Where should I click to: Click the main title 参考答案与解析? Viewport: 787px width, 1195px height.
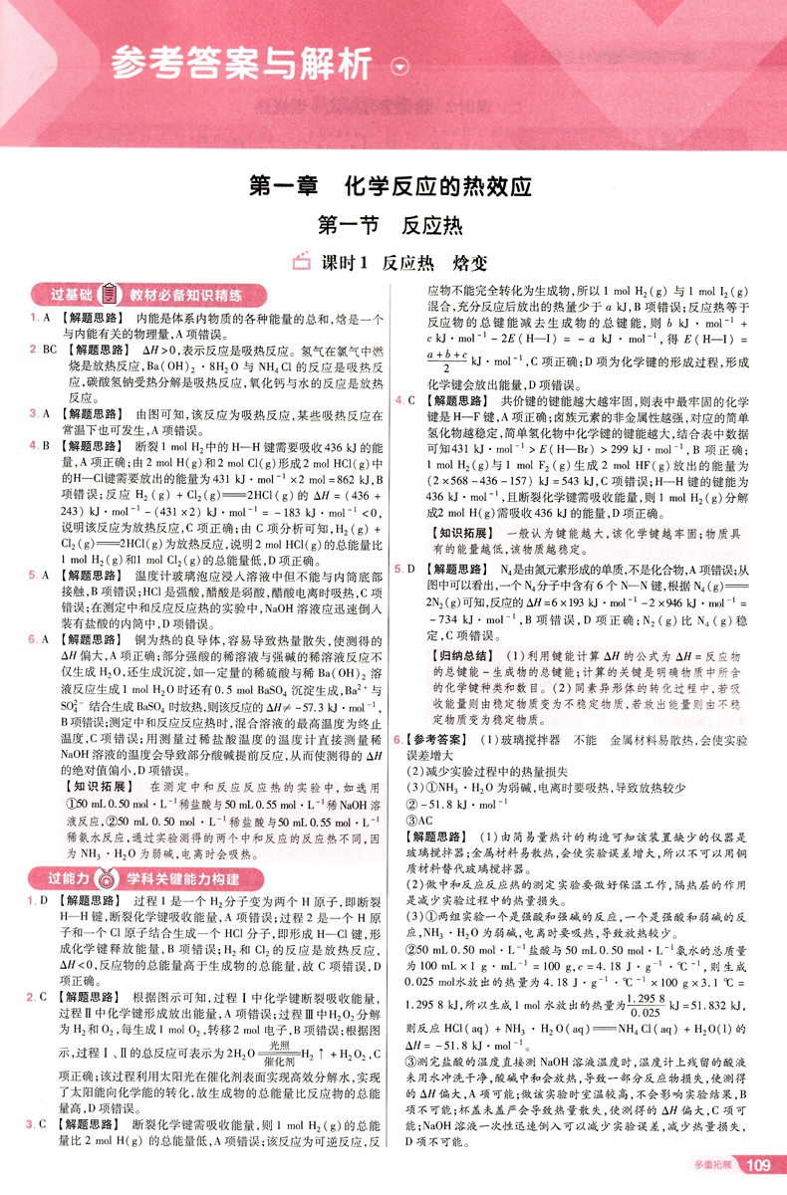click(243, 65)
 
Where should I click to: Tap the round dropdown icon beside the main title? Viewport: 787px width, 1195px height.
click(400, 67)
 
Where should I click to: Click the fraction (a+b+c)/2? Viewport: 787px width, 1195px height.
click(445, 361)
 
